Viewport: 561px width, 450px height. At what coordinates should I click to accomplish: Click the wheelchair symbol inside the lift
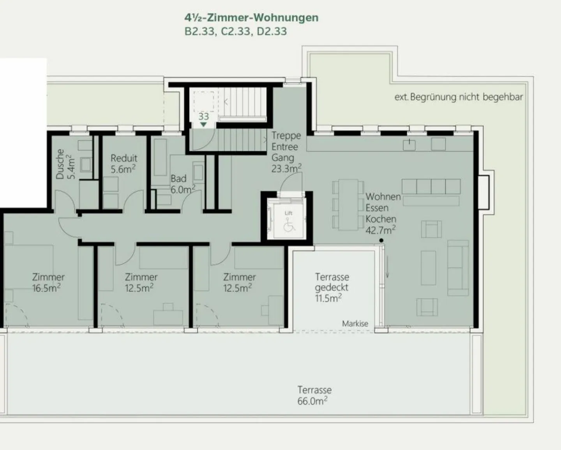tap(289, 225)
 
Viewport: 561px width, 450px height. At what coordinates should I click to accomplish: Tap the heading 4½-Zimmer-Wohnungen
tap(251, 18)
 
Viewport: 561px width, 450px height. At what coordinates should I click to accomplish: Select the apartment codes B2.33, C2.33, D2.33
tap(236, 32)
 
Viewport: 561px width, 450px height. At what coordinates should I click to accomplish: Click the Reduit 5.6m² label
tap(123, 164)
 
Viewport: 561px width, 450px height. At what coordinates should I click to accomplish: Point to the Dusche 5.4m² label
tap(65, 164)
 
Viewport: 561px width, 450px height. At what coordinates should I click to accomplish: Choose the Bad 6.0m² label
tap(182, 184)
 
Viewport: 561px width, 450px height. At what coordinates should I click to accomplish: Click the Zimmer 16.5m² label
tap(48, 282)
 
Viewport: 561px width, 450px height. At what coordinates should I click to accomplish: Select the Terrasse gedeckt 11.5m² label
tap(332, 288)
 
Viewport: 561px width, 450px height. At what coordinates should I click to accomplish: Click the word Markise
tap(355, 323)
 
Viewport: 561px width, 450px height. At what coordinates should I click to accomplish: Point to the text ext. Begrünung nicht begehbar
tap(459, 97)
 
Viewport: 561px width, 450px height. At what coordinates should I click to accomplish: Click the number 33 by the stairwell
tap(204, 116)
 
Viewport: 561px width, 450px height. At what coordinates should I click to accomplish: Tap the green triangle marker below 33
tap(204, 125)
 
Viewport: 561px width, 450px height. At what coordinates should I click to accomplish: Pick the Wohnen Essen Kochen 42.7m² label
tap(383, 214)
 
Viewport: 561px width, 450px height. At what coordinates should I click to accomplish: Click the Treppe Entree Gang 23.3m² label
tap(286, 152)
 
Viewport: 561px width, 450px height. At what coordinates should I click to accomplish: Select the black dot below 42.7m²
tap(381, 240)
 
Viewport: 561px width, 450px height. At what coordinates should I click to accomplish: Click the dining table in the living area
tap(348, 205)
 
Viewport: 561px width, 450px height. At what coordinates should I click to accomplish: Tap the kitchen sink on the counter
tap(409, 145)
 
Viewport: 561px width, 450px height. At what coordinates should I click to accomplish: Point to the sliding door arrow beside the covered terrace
tap(387, 266)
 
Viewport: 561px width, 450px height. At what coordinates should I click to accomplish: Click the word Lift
tap(289, 213)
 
